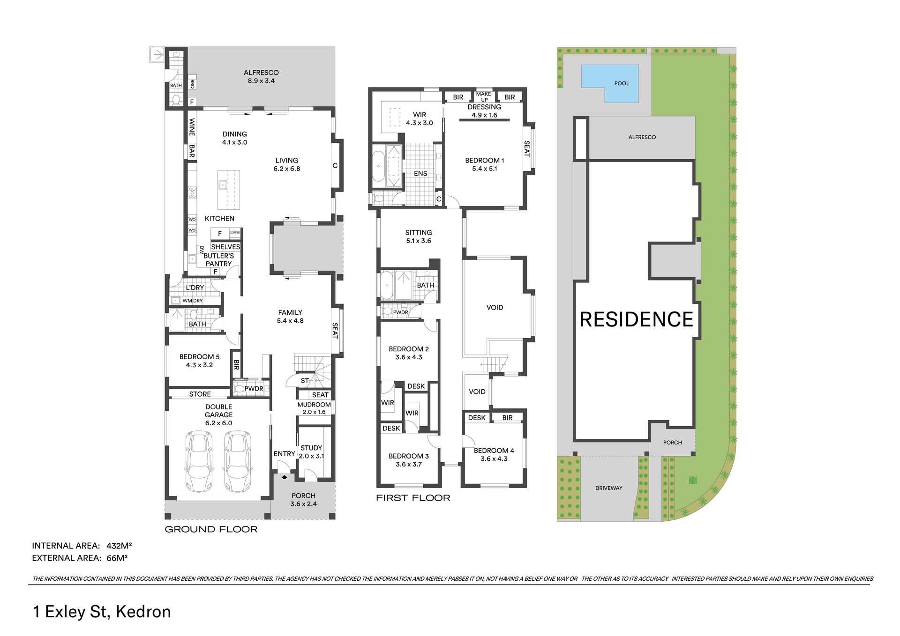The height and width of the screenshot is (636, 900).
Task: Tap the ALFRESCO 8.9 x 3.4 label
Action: click(x=261, y=76)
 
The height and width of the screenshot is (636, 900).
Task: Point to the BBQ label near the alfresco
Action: click(x=192, y=84)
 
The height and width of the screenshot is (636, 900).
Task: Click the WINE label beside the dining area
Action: click(x=192, y=127)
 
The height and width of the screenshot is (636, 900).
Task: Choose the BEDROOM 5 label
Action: click(x=199, y=361)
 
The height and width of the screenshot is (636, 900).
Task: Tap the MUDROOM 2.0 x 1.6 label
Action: click(x=314, y=408)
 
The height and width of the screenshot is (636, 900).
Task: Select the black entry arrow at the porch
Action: click(x=285, y=477)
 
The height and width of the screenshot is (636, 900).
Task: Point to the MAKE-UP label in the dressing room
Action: click(x=484, y=96)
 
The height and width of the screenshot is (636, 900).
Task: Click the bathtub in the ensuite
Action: click(x=378, y=166)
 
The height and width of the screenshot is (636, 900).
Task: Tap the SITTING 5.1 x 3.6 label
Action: click(x=419, y=237)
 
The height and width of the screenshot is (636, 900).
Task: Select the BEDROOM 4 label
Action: click(x=494, y=454)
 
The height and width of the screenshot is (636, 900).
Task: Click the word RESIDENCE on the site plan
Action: click(x=637, y=319)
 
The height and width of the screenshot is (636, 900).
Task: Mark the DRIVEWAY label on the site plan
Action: click(x=609, y=488)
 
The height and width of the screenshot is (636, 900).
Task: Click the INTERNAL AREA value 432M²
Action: click(x=119, y=546)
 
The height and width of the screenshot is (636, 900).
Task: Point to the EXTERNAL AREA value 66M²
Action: click(x=117, y=558)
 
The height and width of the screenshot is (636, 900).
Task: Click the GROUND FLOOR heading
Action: click(x=211, y=529)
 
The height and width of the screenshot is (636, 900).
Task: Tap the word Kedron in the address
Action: click(x=143, y=612)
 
